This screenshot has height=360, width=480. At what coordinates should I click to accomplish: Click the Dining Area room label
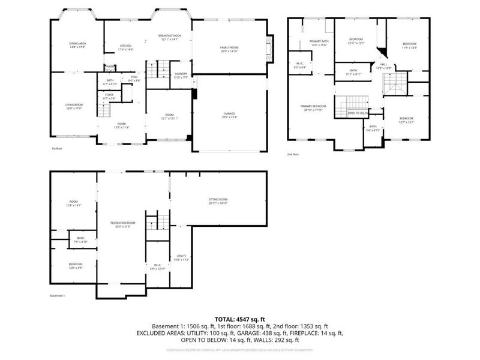coord(77,44)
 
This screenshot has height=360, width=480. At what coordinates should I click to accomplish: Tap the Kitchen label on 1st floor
coord(125,47)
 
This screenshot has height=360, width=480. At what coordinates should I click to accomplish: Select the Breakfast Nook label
coord(170,37)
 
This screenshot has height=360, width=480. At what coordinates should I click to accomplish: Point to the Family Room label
coord(229,48)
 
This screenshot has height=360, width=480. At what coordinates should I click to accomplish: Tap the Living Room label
coord(74,106)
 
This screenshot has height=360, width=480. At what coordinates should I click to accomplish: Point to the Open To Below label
coord(357,113)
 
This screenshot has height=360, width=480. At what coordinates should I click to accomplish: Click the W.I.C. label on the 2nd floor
coord(301,65)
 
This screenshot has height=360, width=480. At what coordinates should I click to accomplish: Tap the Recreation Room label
coord(122,224)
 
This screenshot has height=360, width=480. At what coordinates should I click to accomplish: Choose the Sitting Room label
coord(218,200)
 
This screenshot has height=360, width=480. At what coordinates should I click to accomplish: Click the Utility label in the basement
coord(181,258)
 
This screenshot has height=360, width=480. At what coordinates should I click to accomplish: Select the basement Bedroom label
coord(76,265)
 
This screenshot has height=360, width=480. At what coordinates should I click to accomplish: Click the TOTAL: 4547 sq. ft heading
coord(239,319)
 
